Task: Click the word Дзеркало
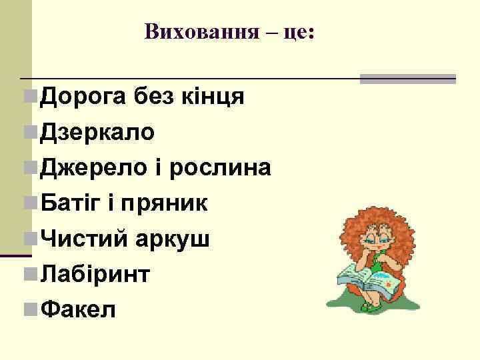click(98, 133)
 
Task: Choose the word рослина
click(220, 168)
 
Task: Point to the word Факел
click(78, 309)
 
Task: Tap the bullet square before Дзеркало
click(29, 133)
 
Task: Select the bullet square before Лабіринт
click(29, 274)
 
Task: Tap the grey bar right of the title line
click(408, 79)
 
